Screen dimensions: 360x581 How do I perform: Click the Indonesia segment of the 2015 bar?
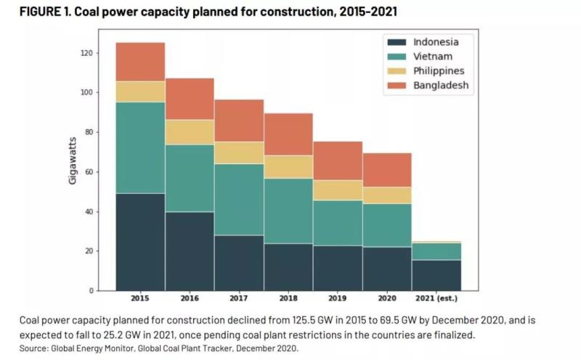click(x=140, y=242)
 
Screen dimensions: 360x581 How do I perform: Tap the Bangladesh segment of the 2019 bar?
click(x=338, y=160)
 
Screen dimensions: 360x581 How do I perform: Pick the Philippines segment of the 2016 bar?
click(x=190, y=132)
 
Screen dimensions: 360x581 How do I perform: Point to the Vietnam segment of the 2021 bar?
click(x=436, y=251)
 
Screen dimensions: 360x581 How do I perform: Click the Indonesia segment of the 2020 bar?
click(x=387, y=269)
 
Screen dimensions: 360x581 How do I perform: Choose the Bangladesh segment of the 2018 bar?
click(x=288, y=134)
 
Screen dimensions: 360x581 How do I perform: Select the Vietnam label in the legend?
click(x=434, y=57)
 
